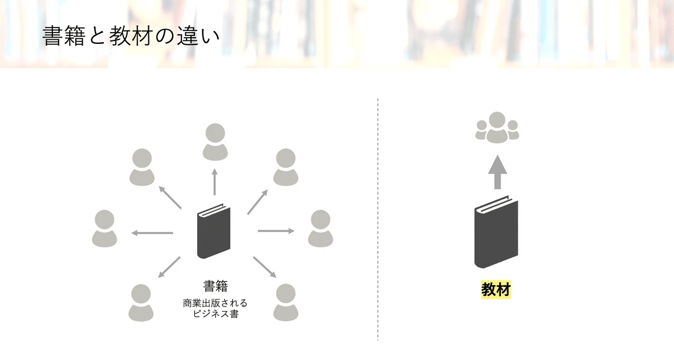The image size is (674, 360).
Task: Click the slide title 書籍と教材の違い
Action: pos(130,35)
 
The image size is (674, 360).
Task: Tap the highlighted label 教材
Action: pos(496,290)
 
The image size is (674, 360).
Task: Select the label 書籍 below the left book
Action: pos(215,286)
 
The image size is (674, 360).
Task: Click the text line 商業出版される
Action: pos(215,303)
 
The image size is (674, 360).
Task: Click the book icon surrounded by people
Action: pos(213,230)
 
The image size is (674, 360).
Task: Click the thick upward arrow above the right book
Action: pos(497,172)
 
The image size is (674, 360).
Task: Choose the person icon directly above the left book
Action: pos(215,141)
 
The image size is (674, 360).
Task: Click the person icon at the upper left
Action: pos(142,167)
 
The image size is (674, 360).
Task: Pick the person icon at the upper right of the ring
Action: pos(286,167)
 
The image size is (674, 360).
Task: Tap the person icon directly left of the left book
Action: pos(104,229)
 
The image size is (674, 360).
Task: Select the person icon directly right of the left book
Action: pos(320,229)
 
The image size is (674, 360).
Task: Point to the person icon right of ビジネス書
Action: pos(286,302)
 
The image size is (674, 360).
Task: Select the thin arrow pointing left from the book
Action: pos(152,233)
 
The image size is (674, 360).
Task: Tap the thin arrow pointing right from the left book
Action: pos(276,230)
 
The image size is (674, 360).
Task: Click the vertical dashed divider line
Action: pos(377,219)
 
